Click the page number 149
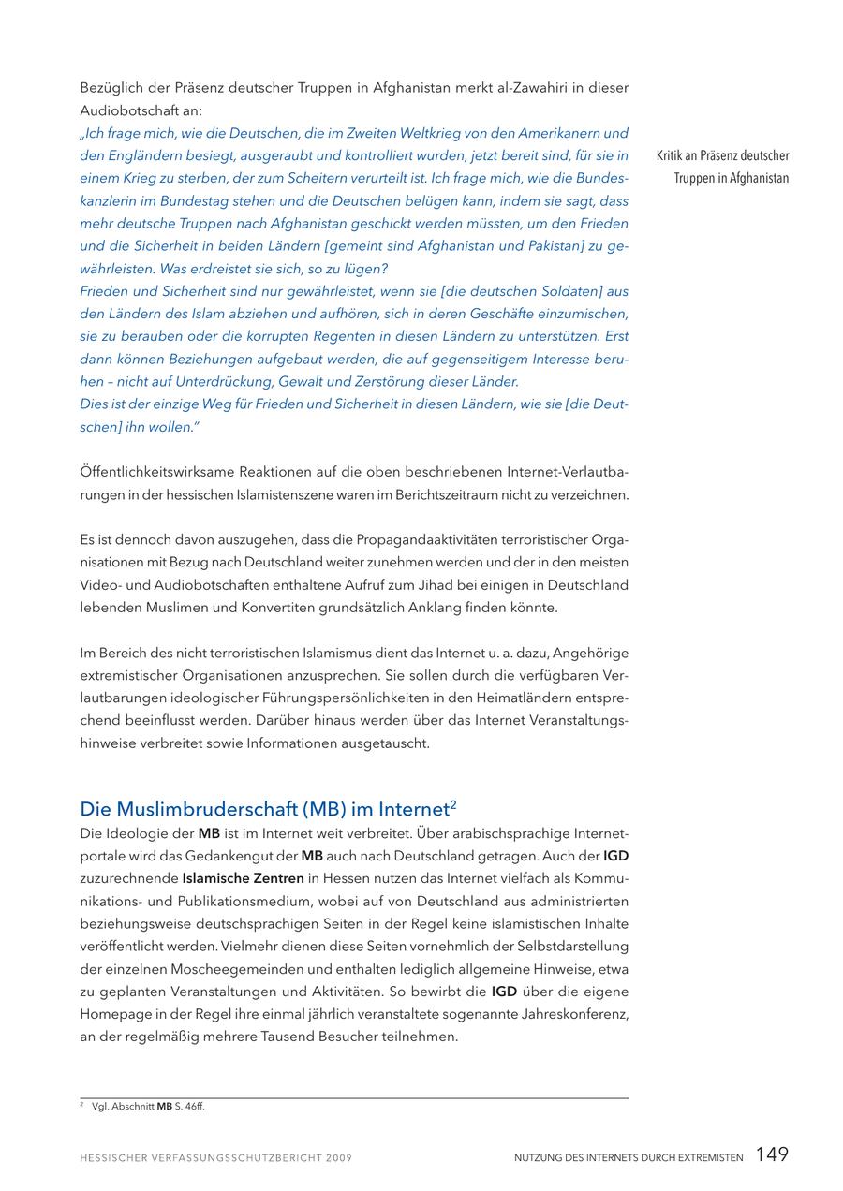point(772,1154)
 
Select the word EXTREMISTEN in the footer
point(704,1158)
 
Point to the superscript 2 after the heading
point(452,803)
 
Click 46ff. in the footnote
point(195,1107)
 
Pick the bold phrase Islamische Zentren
point(243,878)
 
